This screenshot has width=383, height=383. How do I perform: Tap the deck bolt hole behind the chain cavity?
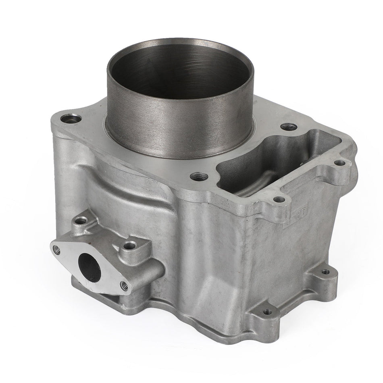pyautogui.click(x=287, y=127)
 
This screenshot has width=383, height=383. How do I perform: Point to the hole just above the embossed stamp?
pyautogui.click(x=277, y=199)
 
